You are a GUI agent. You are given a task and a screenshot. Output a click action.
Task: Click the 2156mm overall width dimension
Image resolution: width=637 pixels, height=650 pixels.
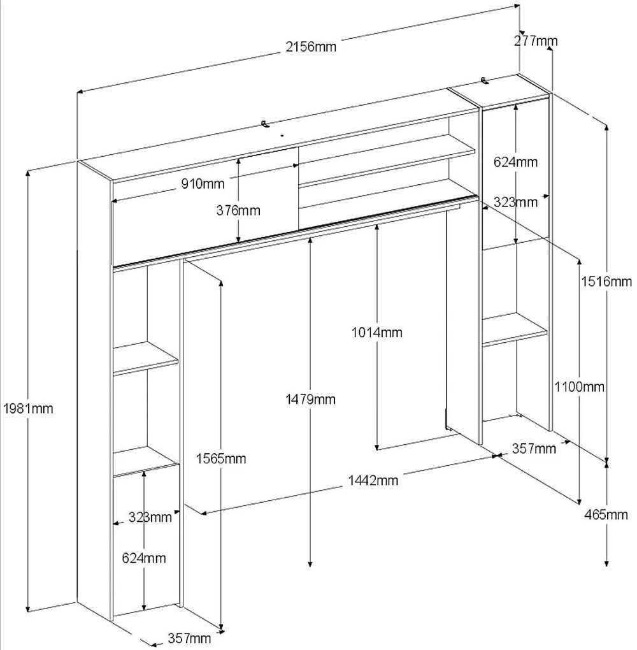[x=311, y=47]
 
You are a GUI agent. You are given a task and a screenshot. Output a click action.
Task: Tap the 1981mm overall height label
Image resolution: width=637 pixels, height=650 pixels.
[x=28, y=408]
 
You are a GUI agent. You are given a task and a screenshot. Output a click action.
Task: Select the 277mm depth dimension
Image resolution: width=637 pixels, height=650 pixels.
[x=536, y=41]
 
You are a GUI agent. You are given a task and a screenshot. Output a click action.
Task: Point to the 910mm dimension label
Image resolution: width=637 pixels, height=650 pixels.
[x=203, y=184]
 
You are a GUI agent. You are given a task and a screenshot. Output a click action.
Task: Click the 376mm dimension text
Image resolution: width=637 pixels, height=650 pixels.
[x=238, y=210]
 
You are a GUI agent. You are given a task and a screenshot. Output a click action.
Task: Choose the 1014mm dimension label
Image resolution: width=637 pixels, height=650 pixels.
[x=376, y=332]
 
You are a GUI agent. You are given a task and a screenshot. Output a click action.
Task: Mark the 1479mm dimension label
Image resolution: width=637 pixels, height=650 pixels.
[x=310, y=399]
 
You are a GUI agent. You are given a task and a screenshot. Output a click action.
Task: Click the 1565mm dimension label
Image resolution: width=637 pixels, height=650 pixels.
[x=221, y=458]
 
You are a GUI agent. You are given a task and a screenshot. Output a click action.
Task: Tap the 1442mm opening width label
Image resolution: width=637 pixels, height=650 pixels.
[x=373, y=480]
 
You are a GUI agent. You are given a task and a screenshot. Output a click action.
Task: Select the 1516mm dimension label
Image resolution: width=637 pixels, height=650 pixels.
[x=606, y=282]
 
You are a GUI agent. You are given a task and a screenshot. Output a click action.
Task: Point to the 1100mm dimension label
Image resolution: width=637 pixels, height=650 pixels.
[x=580, y=387]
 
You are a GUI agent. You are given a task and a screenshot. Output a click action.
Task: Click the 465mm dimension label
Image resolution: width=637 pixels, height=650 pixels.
[x=606, y=515]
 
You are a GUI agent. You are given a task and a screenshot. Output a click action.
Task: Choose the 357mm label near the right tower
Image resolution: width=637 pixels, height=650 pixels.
[x=534, y=449]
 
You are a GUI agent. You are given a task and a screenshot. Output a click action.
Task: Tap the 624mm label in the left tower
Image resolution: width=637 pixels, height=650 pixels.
[x=144, y=558]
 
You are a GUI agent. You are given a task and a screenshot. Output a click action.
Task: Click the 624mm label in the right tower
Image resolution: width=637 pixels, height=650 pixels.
[x=515, y=162]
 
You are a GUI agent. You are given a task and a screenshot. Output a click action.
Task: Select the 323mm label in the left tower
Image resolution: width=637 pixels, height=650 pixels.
[x=150, y=517]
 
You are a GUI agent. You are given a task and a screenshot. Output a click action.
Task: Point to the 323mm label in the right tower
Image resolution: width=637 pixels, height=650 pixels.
[x=515, y=202]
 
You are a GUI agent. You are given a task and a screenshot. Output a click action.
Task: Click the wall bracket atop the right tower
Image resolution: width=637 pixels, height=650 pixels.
[x=485, y=80]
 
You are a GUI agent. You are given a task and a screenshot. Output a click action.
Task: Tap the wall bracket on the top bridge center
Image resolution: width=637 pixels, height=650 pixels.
[x=265, y=124]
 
